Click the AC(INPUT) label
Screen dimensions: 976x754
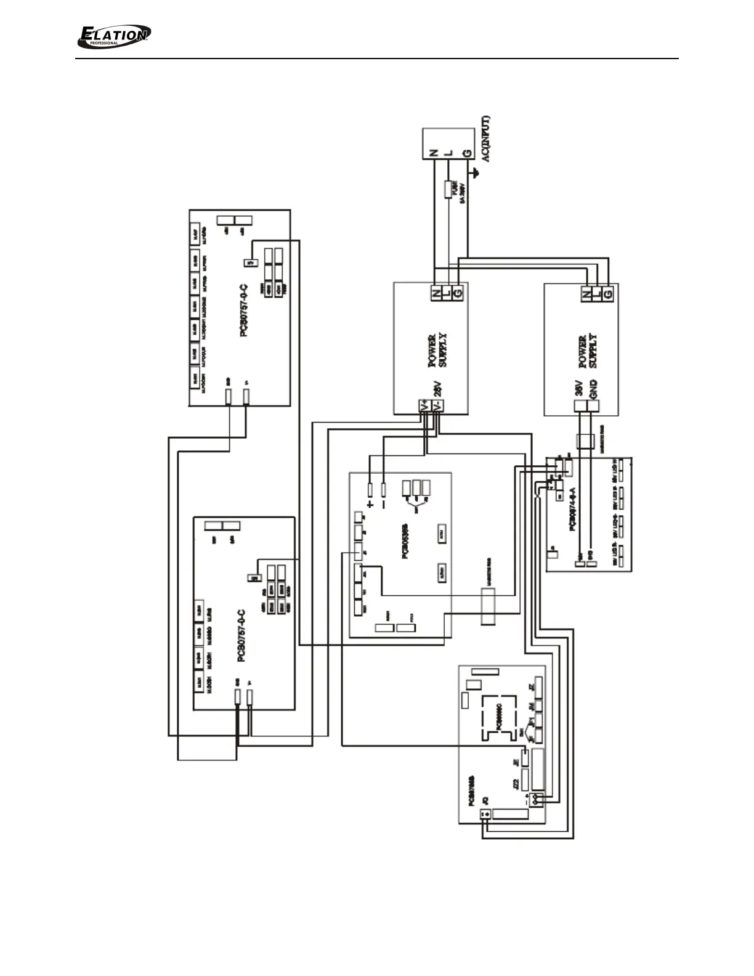(x=485, y=139)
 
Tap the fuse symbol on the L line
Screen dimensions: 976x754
(x=449, y=189)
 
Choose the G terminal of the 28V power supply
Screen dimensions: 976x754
(x=458, y=294)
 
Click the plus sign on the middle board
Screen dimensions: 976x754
(x=370, y=504)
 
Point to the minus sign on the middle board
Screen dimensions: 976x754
(x=384, y=504)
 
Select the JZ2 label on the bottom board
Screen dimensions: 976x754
(x=516, y=784)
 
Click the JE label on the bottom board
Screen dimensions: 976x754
(x=516, y=762)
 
